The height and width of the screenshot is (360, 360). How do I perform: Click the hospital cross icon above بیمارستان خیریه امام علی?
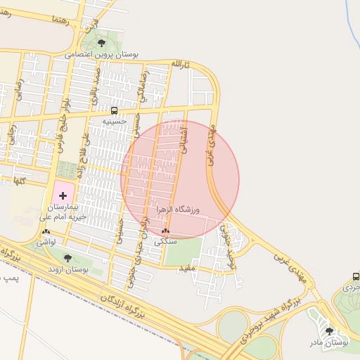63,194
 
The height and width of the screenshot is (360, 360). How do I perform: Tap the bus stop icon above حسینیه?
114,111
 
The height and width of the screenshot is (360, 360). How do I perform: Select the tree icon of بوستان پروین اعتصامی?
101,44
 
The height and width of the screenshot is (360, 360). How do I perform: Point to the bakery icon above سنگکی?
165,231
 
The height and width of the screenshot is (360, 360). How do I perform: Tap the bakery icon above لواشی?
46,231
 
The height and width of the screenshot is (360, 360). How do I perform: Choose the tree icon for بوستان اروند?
67,258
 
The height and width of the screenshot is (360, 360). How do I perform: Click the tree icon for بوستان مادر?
330,331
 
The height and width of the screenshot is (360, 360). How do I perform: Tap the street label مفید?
186,268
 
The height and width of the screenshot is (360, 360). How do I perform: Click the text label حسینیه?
114,121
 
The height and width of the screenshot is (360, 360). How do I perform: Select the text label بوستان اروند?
67,269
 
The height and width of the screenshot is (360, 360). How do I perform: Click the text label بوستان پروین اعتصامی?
103,53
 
